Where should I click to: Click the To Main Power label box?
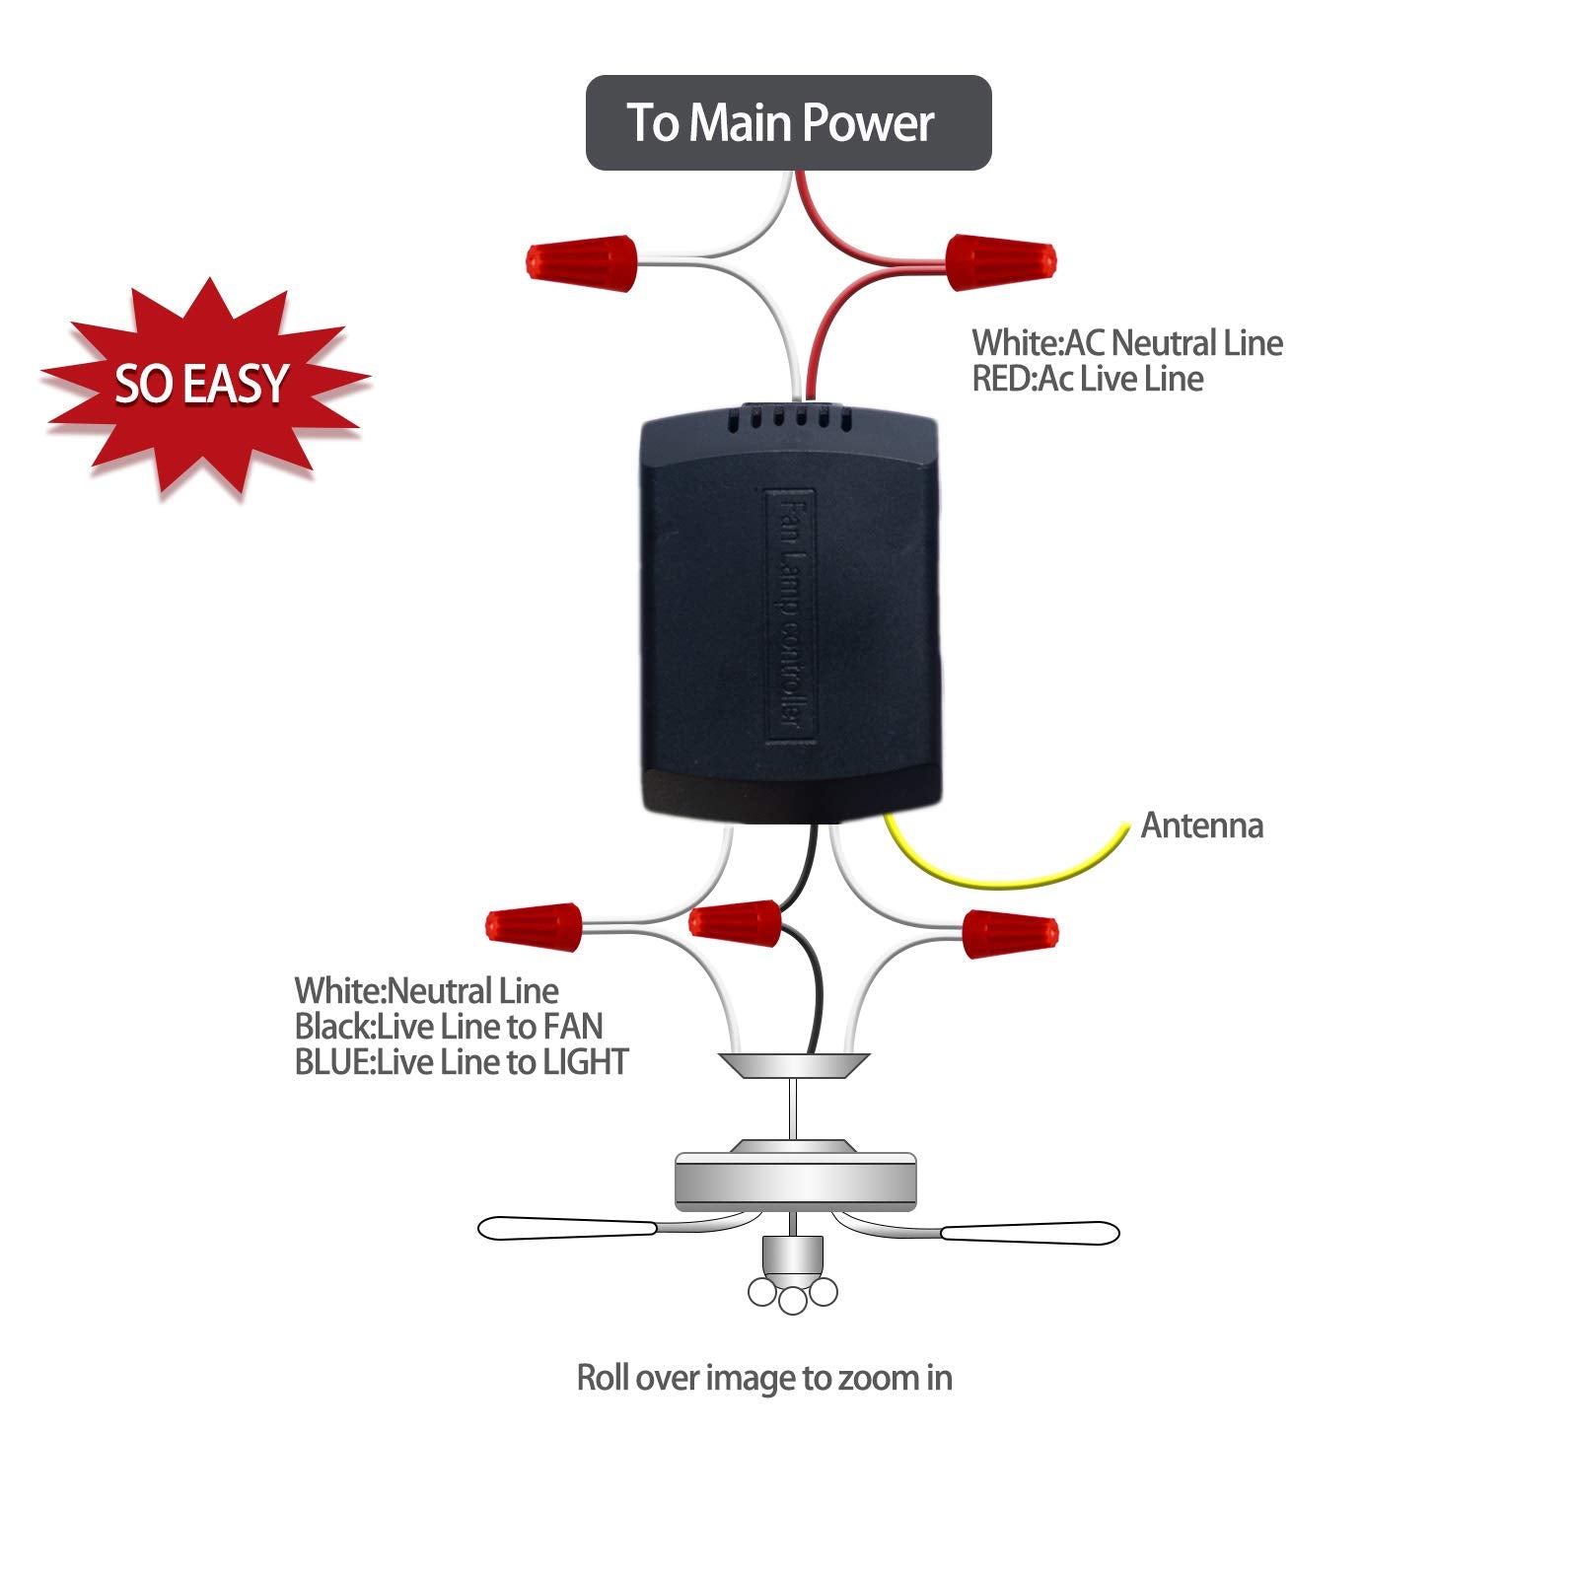point(788,122)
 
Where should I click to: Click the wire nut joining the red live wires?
point(1000,262)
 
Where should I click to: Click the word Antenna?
point(1201,825)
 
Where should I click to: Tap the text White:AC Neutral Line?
point(1126,343)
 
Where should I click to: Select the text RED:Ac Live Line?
point(1087,379)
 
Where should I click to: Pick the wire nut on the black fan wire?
point(735,922)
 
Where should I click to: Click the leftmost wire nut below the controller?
point(534,925)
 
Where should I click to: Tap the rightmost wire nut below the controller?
point(1009,934)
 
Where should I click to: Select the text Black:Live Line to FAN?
point(448,1027)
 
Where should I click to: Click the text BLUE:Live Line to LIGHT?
point(461,1062)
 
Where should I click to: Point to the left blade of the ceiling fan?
point(567,1229)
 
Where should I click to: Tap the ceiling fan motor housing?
point(794,1180)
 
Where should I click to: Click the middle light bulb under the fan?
point(793,1300)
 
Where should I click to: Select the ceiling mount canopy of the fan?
point(794,1065)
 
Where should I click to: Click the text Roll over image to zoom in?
point(764,1378)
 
